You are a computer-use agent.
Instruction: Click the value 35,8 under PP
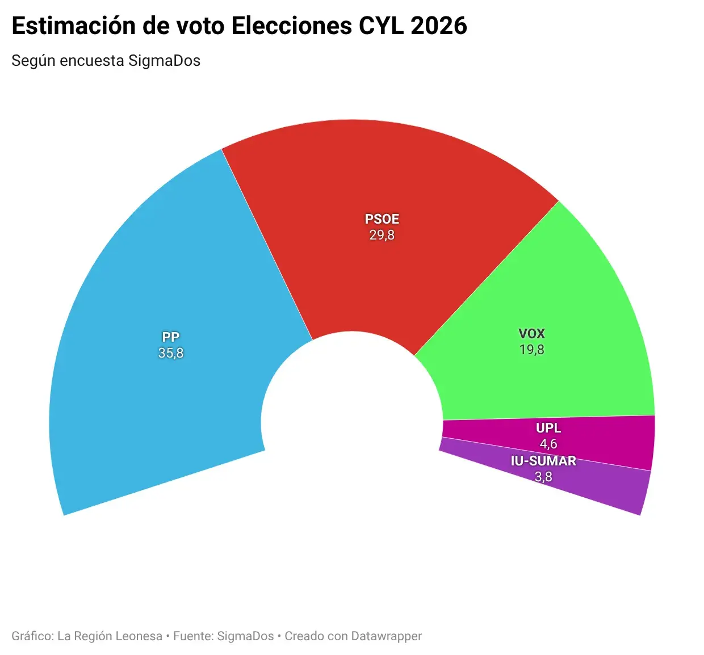pyautogui.click(x=171, y=353)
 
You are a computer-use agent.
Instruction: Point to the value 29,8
pyautogui.click(x=382, y=235)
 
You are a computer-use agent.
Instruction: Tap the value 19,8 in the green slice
pyautogui.click(x=531, y=350)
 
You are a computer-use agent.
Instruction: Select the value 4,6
pyautogui.click(x=548, y=443)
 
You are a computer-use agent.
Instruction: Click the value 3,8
pyautogui.click(x=543, y=477)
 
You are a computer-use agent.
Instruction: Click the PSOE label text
pyautogui.click(x=382, y=219)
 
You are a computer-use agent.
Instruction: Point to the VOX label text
pyautogui.click(x=531, y=334)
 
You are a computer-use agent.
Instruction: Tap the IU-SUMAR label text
pyautogui.click(x=543, y=461)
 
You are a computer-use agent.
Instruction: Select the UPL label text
pyautogui.click(x=548, y=428)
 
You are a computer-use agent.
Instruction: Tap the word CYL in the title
pyautogui.click(x=380, y=26)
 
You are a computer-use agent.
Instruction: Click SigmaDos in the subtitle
pyautogui.click(x=164, y=61)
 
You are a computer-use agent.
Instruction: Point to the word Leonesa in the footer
pyautogui.click(x=139, y=636)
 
